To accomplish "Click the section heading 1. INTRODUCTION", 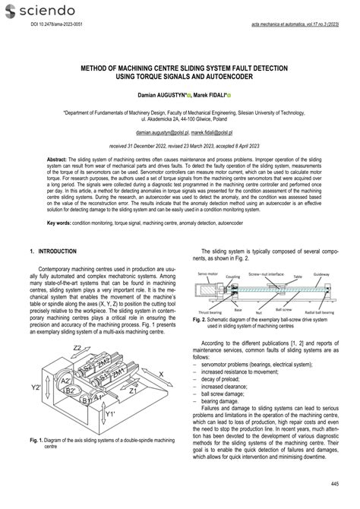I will [54, 251].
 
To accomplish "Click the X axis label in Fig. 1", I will [160, 374].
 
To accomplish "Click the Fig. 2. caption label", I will [200, 320].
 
